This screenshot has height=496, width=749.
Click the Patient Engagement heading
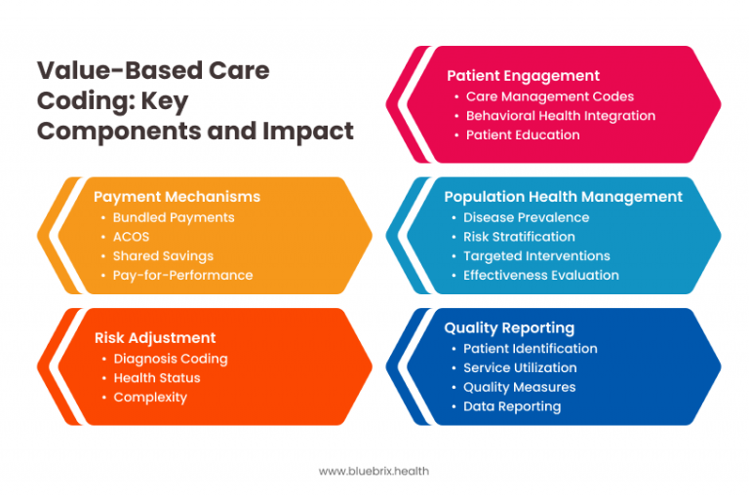click(x=523, y=76)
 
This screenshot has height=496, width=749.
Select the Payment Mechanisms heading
click(x=177, y=197)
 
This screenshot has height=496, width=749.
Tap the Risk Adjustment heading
click(x=155, y=338)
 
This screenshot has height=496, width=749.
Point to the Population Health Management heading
click(x=563, y=197)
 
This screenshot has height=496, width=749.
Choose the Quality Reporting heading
click(x=509, y=328)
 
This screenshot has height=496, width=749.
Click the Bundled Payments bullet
click(x=174, y=217)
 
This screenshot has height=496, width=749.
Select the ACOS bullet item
click(x=131, y=237)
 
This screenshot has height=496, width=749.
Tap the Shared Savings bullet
click(x=163, y=256)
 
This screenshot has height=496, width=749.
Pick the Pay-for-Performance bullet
click(x=182, y=276)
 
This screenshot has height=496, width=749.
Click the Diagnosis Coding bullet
click(x=171, y=359)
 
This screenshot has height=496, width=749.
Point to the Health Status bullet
click(x=157, y=378)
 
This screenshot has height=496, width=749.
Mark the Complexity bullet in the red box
click(x=150, y=398)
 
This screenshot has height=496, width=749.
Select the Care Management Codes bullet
click(x=549, y=96)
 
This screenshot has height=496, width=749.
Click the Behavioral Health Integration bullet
click(x=560, y=116)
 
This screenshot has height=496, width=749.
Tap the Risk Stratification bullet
click(x=519, y=237)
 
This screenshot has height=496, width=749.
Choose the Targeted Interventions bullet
click(x=536, y=256)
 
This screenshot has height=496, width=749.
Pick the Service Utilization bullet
click(x=520, y=367)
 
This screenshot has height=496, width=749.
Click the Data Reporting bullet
click(x=512, y=406)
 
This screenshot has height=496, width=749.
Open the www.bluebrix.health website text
click(x=374, y=471)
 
